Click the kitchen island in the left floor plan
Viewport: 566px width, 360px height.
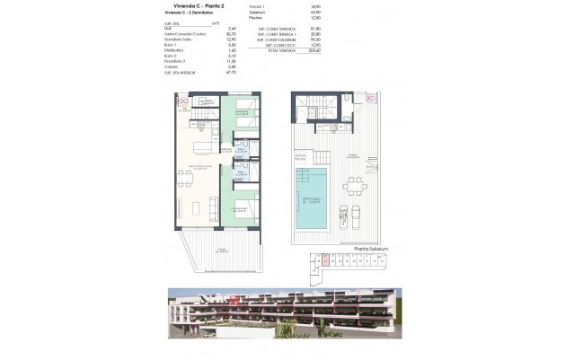(x=205, y=145)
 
